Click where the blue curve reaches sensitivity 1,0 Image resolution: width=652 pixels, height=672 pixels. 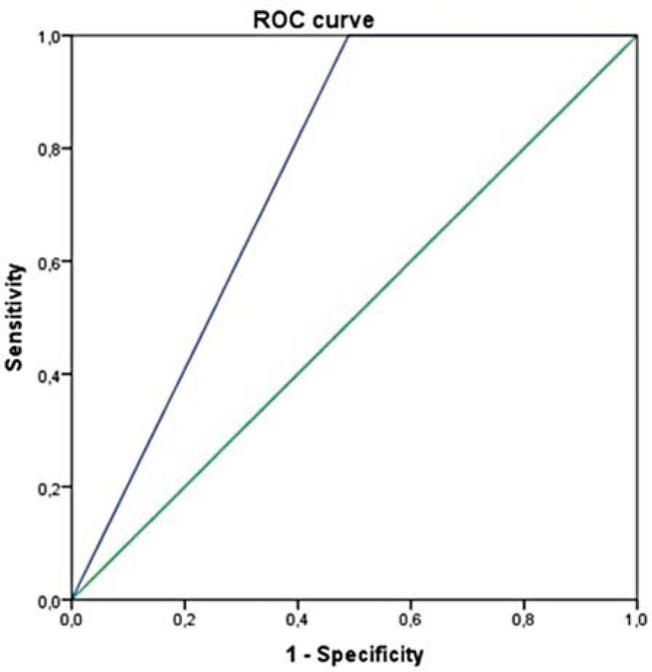pyautogui.click(x=348, y=36)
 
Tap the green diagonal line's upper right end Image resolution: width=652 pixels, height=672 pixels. pyautogui.click(x=637, y=36)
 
